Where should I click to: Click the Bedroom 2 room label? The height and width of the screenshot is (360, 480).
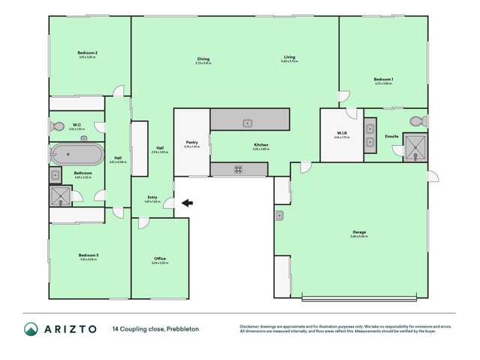(88, 53)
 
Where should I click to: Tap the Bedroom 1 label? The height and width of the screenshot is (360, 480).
(384, 79)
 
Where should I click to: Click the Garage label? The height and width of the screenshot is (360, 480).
(359, 232)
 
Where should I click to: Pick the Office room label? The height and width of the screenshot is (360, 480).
(159, 259)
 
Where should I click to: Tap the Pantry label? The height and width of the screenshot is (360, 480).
(192, 141)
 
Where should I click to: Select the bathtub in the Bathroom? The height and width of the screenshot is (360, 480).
(77, 155)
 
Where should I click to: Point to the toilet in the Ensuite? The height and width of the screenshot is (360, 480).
(417, 122)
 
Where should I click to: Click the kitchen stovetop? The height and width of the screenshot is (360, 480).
(238, 169)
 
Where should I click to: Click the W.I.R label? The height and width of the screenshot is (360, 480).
(342, 135)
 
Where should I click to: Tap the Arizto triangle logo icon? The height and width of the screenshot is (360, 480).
(32, 328)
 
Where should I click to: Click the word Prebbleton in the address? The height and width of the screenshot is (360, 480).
(183, 328)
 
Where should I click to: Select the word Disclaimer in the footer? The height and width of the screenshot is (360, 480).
(252, 325)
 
